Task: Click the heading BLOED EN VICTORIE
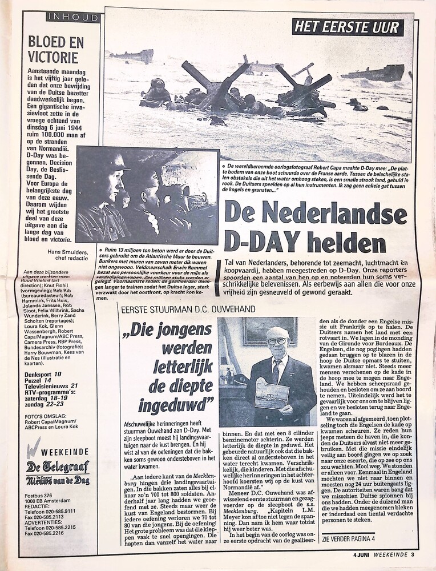click(x=56, y=49)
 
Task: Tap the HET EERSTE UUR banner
click(x=347, y=27)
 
